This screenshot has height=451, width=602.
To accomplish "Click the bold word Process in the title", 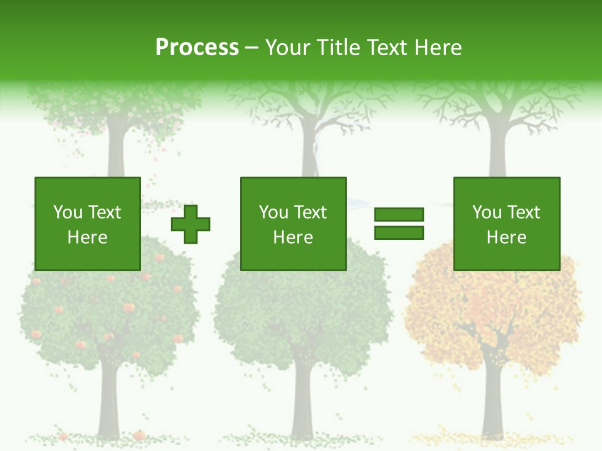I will click(197, 48).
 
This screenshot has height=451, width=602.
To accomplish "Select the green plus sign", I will click(191, 224).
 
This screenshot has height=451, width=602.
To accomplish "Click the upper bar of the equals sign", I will click(399, 215).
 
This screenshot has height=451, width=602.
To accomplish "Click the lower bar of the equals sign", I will click(399, 233).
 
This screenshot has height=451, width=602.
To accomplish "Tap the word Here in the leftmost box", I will click(87, 237).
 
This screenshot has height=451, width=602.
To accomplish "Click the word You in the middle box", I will click(273, 212).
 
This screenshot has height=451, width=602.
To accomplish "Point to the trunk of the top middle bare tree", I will click(309, 150).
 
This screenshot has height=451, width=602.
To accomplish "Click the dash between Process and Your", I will click(251, 48).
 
